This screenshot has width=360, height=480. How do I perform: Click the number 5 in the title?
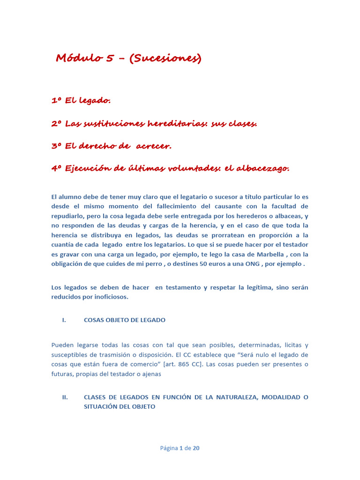tap(110, 58)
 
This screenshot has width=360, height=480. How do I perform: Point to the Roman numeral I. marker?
tap(64, 320)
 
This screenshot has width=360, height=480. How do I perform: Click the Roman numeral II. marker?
tap(65, 397)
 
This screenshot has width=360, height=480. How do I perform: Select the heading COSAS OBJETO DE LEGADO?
tap(124, 320)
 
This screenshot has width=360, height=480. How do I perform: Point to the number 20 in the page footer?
tap(196, 448)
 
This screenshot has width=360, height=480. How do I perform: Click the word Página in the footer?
tap(169, 448)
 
